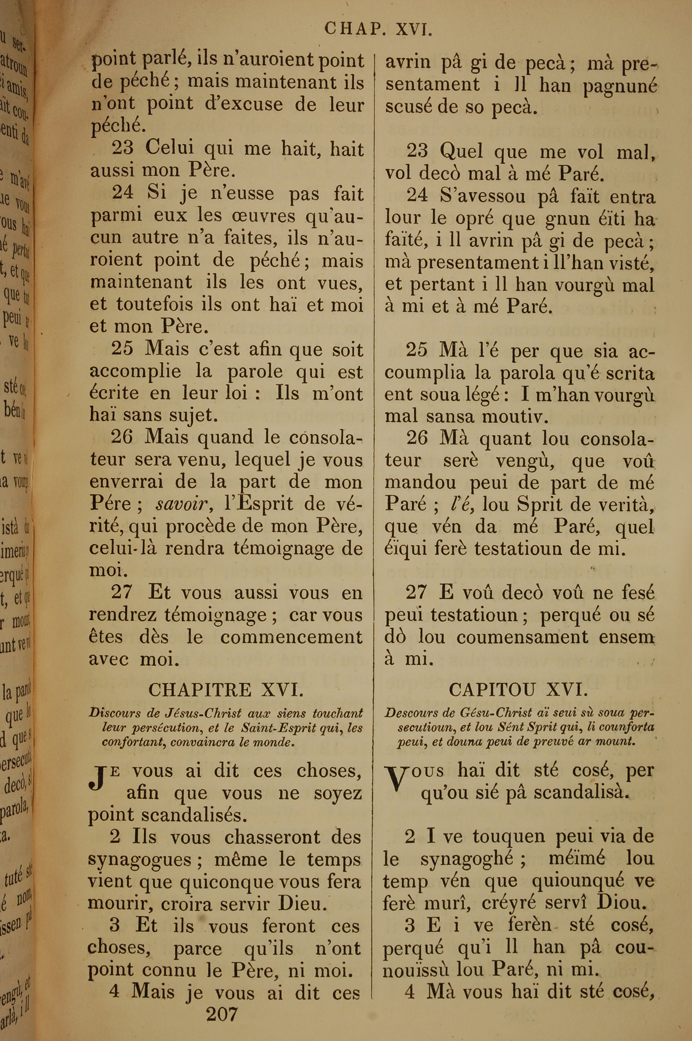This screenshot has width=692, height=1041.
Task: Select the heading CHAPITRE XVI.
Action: coord(226,690)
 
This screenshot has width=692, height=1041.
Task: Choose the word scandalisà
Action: coord(580,793)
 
